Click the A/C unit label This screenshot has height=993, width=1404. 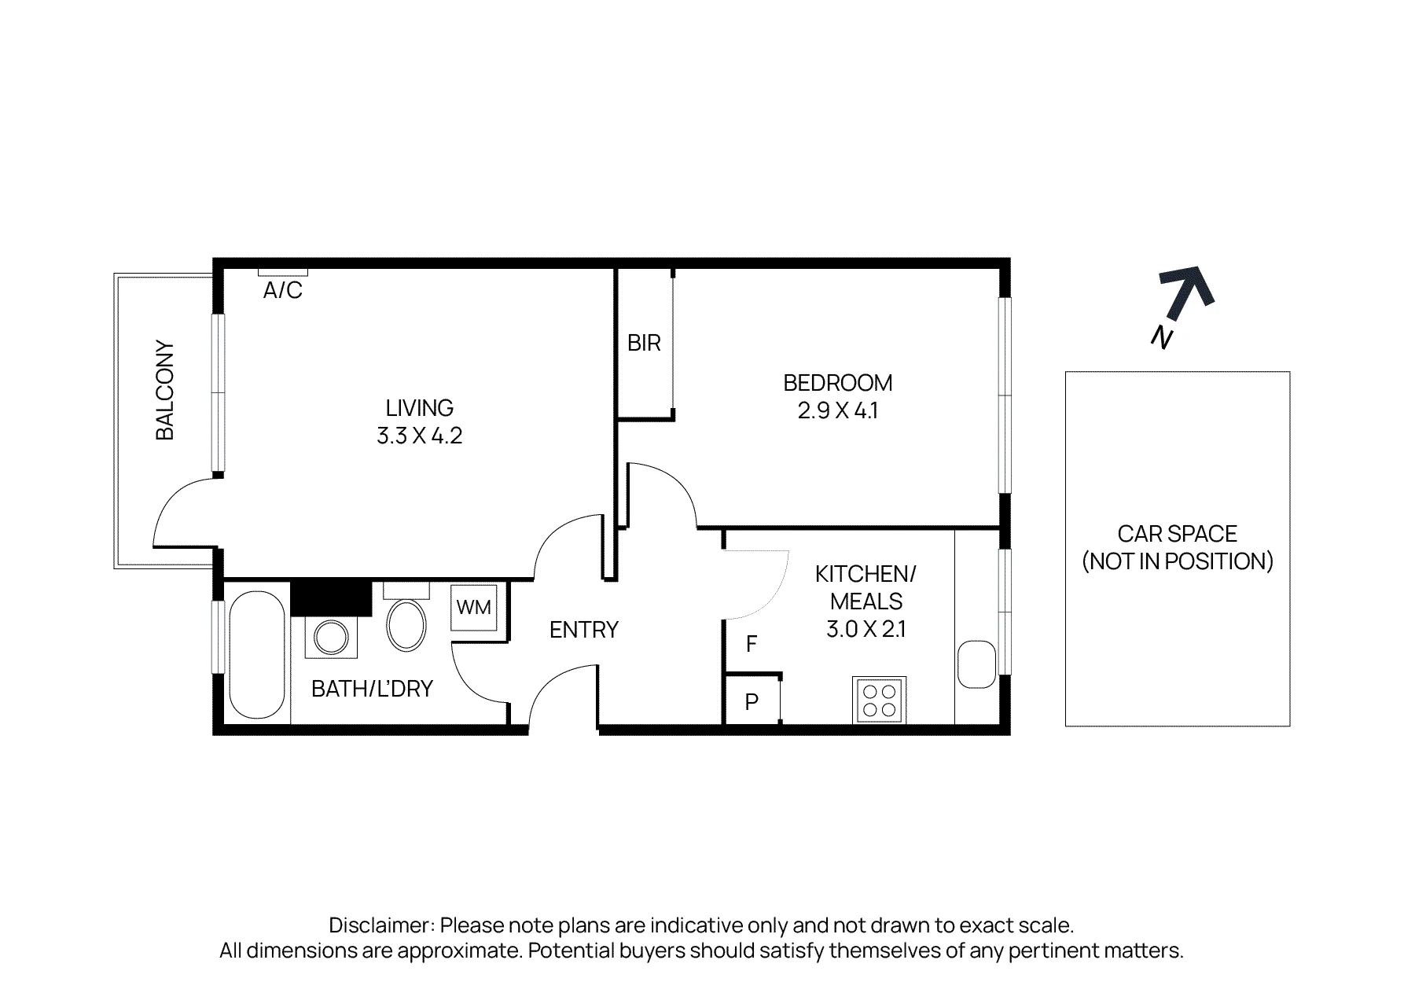(x=282, y=291)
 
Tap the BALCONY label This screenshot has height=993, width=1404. (x=165, y=390)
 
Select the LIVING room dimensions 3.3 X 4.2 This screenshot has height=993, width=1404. (x=419, y=436)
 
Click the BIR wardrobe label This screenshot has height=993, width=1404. (x=644, y=343)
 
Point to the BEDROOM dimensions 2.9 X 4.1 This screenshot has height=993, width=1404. (x=838, y=410)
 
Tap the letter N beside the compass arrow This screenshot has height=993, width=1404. (x=1162, y=337)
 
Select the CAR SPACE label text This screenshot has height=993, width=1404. (x=1178, y=548)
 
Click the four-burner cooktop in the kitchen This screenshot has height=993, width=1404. (x=879, y=700)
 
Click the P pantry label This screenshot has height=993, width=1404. (x=752, y=702)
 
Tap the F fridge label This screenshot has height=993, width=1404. (x=752, y=644)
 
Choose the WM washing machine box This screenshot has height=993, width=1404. (x=474, y=607)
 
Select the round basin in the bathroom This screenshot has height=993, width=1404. (x=330, y=637)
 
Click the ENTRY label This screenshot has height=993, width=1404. (x=584, y=630)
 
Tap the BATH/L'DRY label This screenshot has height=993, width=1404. (x=372, y=689)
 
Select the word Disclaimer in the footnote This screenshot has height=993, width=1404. (x=381, y=925)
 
